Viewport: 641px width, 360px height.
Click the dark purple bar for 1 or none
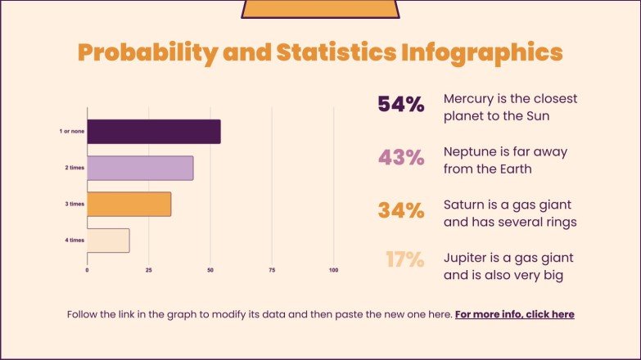pyautogui.click(x=153, y=132)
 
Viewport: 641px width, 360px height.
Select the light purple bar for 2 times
pyautogui.click(x=140, y=168)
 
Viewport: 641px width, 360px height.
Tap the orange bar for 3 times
pyautogui.click(x=129, y=204)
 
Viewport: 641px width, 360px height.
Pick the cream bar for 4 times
pyautogui.click(x=108, y=240)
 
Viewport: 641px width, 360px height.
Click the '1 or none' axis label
pyautogui.click(x=70, y=132)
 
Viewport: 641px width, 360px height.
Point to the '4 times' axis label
pyautogui.click(x=74, y=240)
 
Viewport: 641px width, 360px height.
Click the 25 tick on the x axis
pyautogui.click(x=149, y=269)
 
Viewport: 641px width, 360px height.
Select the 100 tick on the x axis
pyautogui.click(x=333, y=269)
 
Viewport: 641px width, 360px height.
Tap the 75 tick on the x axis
pyautogui.click(x=272, y=269)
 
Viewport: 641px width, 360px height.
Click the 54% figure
pyautogui.click(x=400, y=105)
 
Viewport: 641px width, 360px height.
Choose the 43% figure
pyautogui.click(x=400, y=158)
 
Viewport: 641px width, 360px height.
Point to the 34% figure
pyautogui.click(x=400, y=210)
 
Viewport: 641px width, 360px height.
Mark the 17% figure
pyautogui.click(x=404, y=260)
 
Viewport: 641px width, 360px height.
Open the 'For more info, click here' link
pyautogui.click(x=514, y=314)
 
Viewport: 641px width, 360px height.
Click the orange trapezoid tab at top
pyautogui.click(x=320, y=8)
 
